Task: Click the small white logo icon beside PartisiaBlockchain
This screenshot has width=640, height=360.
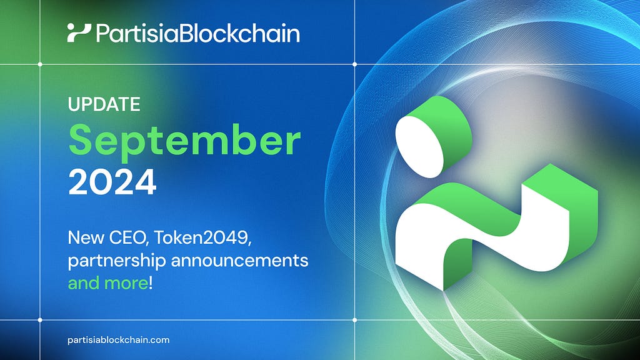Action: (x=79, y=33)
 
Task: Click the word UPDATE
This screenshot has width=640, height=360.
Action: (x=104, y=104)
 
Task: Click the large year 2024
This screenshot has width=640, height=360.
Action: (x=112, y=182)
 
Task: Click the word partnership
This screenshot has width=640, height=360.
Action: (x=117, y=261)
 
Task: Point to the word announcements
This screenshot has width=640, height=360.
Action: (x=239, y=261)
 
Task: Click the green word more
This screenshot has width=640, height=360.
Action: (x=126, y=284)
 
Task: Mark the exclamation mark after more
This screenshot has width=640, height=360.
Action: (x=151, y=283)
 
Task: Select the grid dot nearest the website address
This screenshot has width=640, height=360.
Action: (x=40, y=319)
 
